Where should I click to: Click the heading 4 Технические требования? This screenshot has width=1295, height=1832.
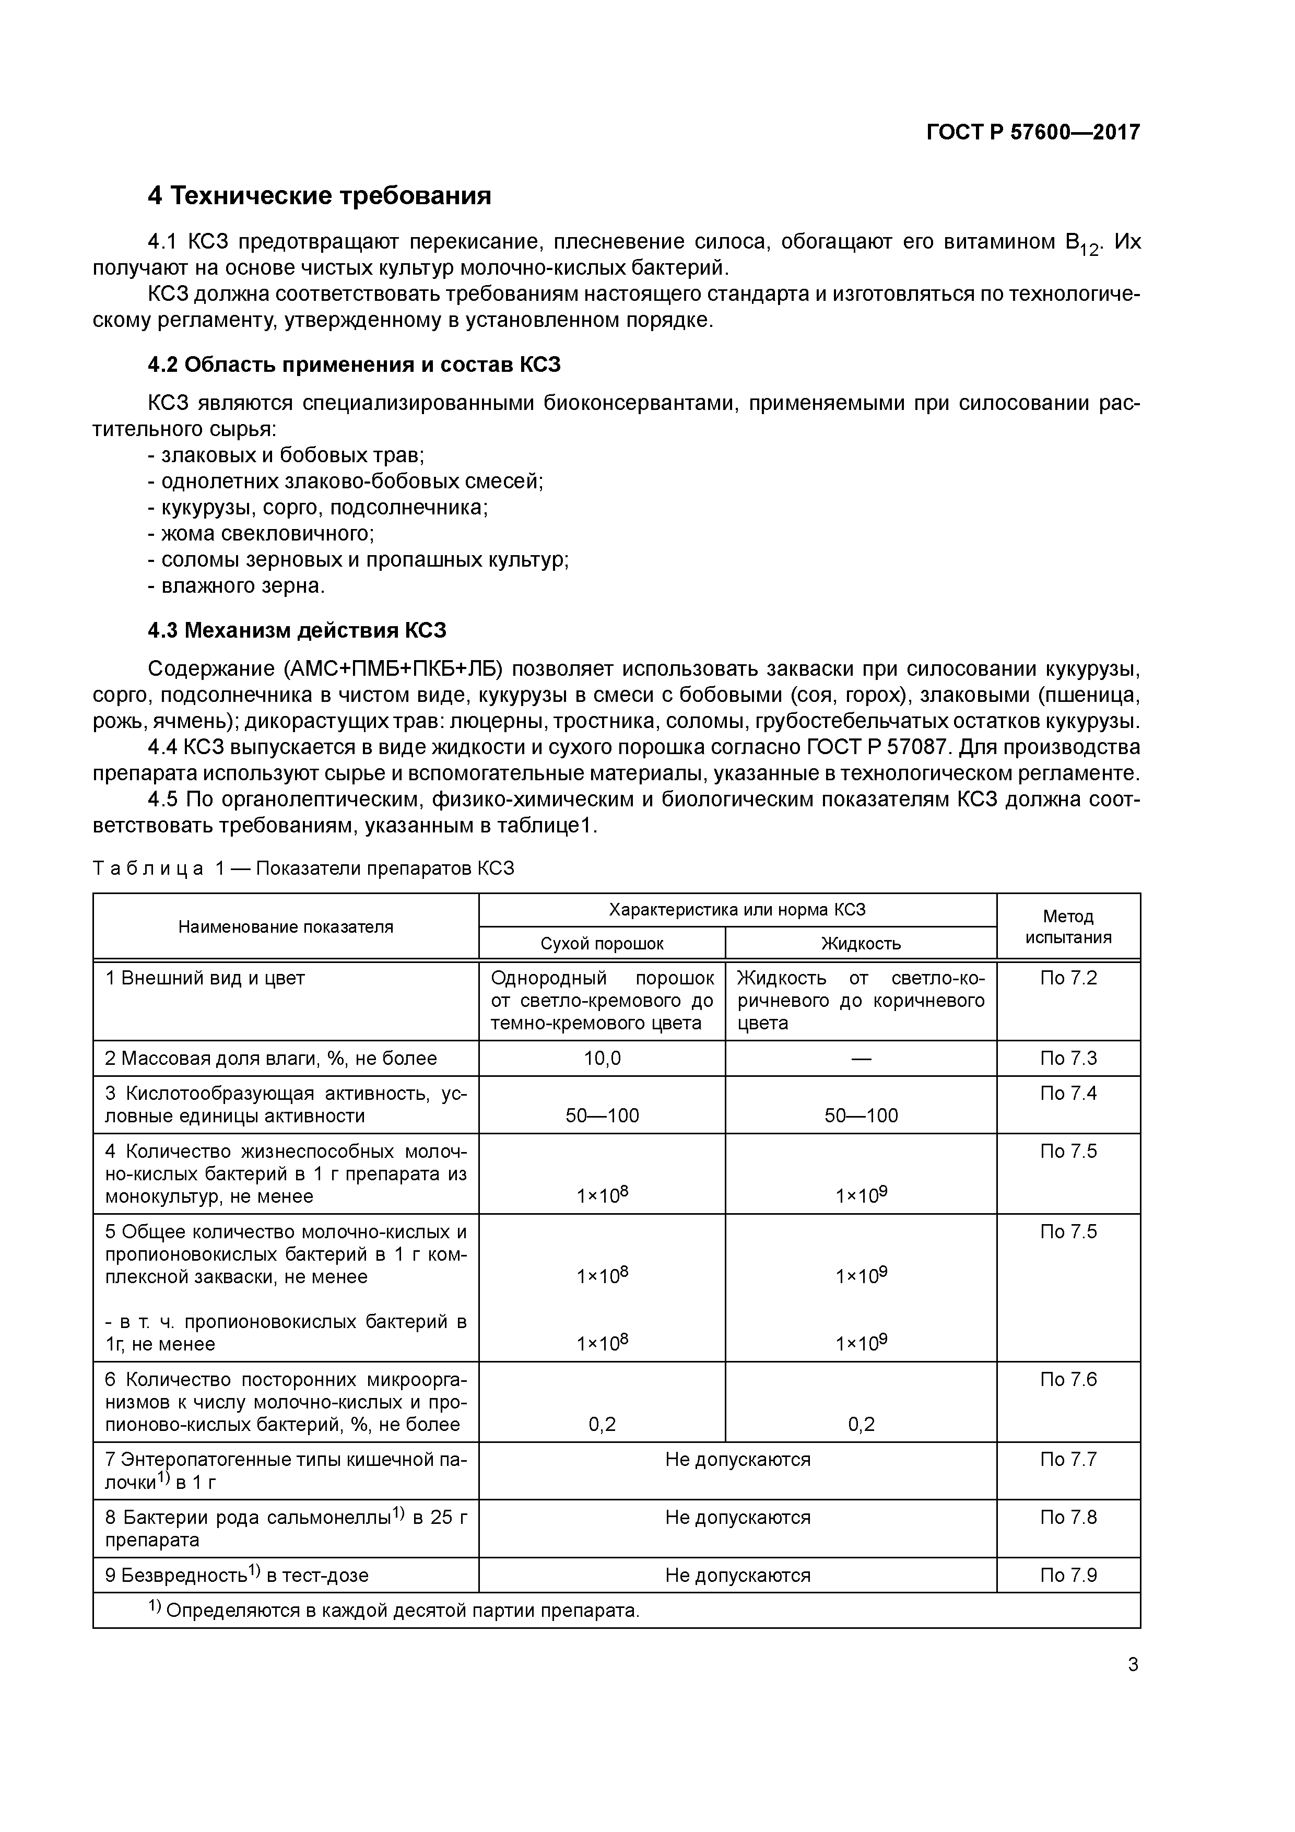(319, 195)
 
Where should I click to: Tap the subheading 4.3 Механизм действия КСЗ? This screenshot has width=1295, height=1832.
(297, 630)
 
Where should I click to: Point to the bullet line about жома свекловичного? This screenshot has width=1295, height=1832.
(261, 533)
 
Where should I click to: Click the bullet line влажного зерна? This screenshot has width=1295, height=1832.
(237, 585)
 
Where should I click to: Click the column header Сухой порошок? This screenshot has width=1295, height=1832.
(602, 943)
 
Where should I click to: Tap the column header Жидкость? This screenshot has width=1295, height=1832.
(861, 943)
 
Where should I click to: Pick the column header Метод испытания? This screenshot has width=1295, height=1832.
(1068, 926)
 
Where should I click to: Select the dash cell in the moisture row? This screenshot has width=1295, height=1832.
(861, 1058)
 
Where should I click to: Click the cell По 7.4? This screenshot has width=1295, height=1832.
(1068, 1093)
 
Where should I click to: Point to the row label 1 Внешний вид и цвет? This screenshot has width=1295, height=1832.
(205, 978)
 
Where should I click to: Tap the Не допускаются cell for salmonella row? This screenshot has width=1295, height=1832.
(737, 1518)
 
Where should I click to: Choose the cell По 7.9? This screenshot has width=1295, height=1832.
(1068, 1575)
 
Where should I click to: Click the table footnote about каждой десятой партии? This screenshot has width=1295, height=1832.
(395, 1610)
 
